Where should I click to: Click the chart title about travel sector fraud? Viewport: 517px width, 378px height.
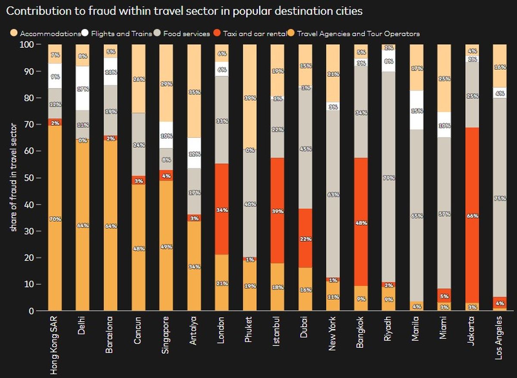tap(184, 11)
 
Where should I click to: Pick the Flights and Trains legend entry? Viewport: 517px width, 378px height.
tap(122, 33)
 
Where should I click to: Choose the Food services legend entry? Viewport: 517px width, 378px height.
tap(187, 33)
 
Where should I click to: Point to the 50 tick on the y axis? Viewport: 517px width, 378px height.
tap(28, 178)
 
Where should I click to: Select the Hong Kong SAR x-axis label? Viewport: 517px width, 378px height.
tap(55, 344)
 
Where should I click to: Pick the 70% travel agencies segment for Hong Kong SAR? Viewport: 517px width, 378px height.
tap(55, 218)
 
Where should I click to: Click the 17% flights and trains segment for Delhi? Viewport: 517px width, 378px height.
tap(82, 89)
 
